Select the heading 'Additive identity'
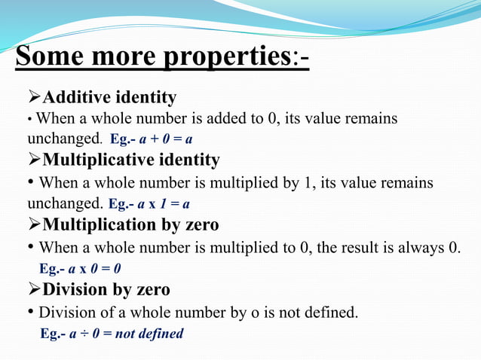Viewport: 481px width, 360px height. [109, 97]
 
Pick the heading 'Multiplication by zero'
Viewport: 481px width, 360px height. [130, 224]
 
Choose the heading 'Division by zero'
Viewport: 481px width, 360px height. [106, 289]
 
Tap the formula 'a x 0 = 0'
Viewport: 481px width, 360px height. [95, 268]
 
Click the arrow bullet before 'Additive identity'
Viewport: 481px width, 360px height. [34, 97]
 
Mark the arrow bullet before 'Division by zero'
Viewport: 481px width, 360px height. [34, 289]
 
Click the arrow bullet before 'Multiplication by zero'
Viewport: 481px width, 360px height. [34, 224]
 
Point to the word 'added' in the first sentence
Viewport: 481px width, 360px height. [220, 119]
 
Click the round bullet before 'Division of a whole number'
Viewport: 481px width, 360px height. [31, 312]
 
